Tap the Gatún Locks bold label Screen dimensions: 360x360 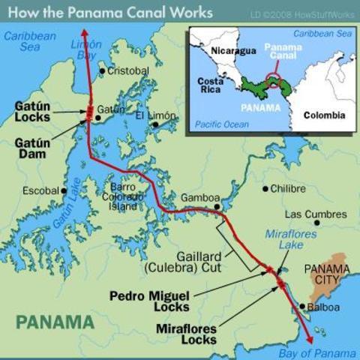coord(33,112)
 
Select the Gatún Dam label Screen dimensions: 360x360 coord(33,148)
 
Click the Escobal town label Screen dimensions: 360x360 coord(40,190)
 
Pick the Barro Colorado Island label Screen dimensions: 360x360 coord(123,196)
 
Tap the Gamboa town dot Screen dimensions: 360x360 coord(217,206)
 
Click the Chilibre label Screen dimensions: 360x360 coord(288,188)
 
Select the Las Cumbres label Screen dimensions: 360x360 coord(314,214)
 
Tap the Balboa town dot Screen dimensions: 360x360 coord(301,306)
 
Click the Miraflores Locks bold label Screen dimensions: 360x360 coord(186,334)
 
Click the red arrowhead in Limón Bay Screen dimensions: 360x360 coord(83,34)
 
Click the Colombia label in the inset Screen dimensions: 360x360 coord(323,115)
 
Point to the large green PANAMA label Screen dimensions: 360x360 coord(56,322)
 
